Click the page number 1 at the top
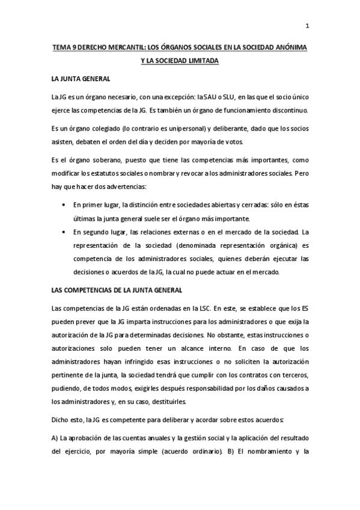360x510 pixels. pos(308,26)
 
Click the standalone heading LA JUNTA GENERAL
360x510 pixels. pos(81,79)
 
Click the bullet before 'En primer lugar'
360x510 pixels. pos(64,204)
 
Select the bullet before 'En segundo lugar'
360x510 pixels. pos(64,233)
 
